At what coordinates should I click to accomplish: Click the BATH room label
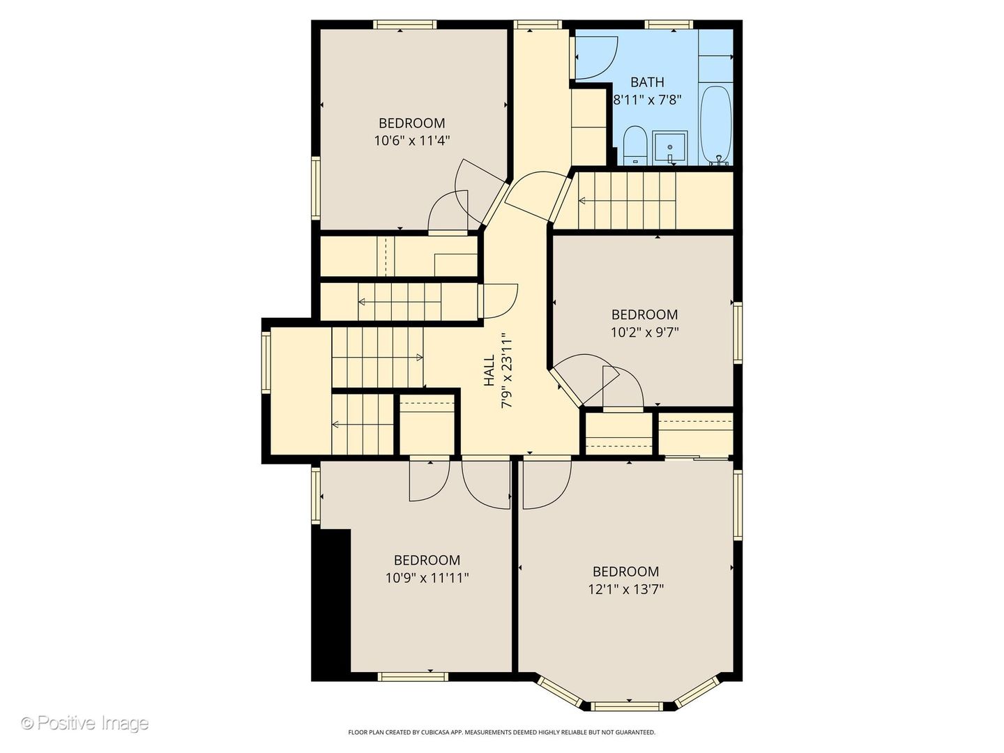pyautogui.click(x=647, y=82)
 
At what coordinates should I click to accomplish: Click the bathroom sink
pyautogui.click(x=670, y=147)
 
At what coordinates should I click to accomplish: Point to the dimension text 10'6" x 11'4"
pyautogui.click(x=411, y=140)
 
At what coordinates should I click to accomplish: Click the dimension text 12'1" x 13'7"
pyautogui.click(x=625, y=589)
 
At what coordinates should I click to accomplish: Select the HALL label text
pyautogui.click(x=489, y=370)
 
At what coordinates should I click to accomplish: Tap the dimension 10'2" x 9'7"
pyautogui.click(x=644, y=333)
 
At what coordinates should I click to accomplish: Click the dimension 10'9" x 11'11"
pyautogui.click(x=427, y=578)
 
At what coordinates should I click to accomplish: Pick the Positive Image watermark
pyautogui.click(x=84, y=723)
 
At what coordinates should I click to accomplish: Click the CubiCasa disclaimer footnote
pyautogui.click(x=501, y=732)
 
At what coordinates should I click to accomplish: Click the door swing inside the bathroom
pyautogui.click(x=595, y=56)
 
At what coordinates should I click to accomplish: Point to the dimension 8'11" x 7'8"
pyautogui.click(x=646, y=100)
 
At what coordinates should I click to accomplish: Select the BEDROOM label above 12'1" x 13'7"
pyautogui.click(x=625, y=572)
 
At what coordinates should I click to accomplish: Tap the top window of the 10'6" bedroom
pyautogui.click(x=405, y=24)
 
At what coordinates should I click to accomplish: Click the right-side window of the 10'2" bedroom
pyautogui.click(x=737, y=332)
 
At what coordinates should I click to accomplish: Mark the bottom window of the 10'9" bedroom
pyautogui.click(x=412, y=676)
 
